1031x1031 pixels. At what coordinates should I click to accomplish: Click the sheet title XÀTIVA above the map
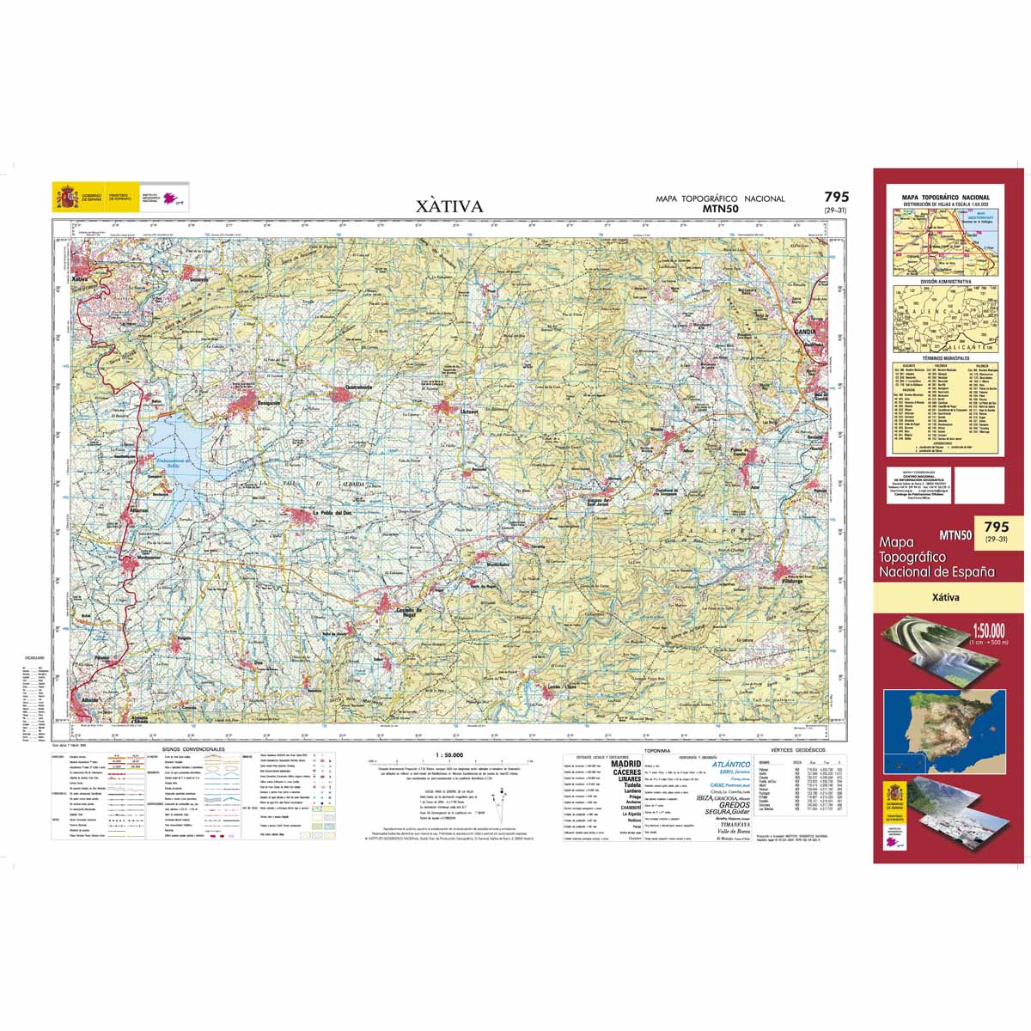449,207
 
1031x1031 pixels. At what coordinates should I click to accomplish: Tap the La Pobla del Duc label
332,514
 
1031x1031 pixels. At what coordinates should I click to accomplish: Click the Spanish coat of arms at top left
66,194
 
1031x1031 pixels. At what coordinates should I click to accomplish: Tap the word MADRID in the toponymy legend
625,763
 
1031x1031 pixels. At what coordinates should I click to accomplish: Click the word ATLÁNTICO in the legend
730,764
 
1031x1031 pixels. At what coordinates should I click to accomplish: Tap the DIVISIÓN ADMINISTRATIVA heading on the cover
945,281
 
